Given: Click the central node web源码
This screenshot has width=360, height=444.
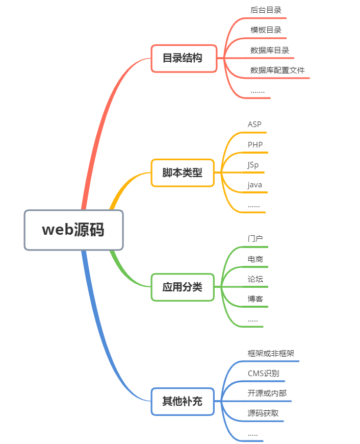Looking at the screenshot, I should pos(73,230).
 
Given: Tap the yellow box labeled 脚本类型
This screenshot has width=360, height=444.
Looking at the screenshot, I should pos(183,172).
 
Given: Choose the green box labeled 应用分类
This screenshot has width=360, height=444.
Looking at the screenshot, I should pos(183,287).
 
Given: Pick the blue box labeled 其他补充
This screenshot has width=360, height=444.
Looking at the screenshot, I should pos(183,401).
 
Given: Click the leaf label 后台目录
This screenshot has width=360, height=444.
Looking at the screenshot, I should pos(266,10).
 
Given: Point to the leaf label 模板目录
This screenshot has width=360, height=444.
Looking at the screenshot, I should pos(266,30).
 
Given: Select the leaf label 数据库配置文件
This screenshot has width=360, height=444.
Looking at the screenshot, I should pos(277,70).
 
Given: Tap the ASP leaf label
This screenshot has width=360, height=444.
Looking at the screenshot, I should pos(254,125).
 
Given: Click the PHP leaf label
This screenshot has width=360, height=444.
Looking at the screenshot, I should pos(255,144).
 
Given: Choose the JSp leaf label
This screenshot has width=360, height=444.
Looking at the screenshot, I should pos(253,165).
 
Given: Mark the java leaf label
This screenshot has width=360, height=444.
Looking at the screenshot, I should pos(254,185).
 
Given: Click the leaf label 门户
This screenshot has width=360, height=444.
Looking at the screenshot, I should pos(255,238).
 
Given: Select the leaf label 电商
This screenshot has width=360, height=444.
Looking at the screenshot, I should pos(255,259).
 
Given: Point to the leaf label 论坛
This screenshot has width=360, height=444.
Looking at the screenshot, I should pos(255,279).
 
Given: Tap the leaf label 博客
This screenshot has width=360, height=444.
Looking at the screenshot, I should pos(255,299).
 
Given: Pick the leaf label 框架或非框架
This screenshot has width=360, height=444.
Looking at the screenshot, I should pos(271,353).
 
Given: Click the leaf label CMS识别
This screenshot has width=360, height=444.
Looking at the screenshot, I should pos(263,373).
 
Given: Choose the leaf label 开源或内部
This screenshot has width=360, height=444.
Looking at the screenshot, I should pos(263,393).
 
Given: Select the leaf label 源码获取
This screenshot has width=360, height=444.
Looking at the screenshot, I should pos(263,413).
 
